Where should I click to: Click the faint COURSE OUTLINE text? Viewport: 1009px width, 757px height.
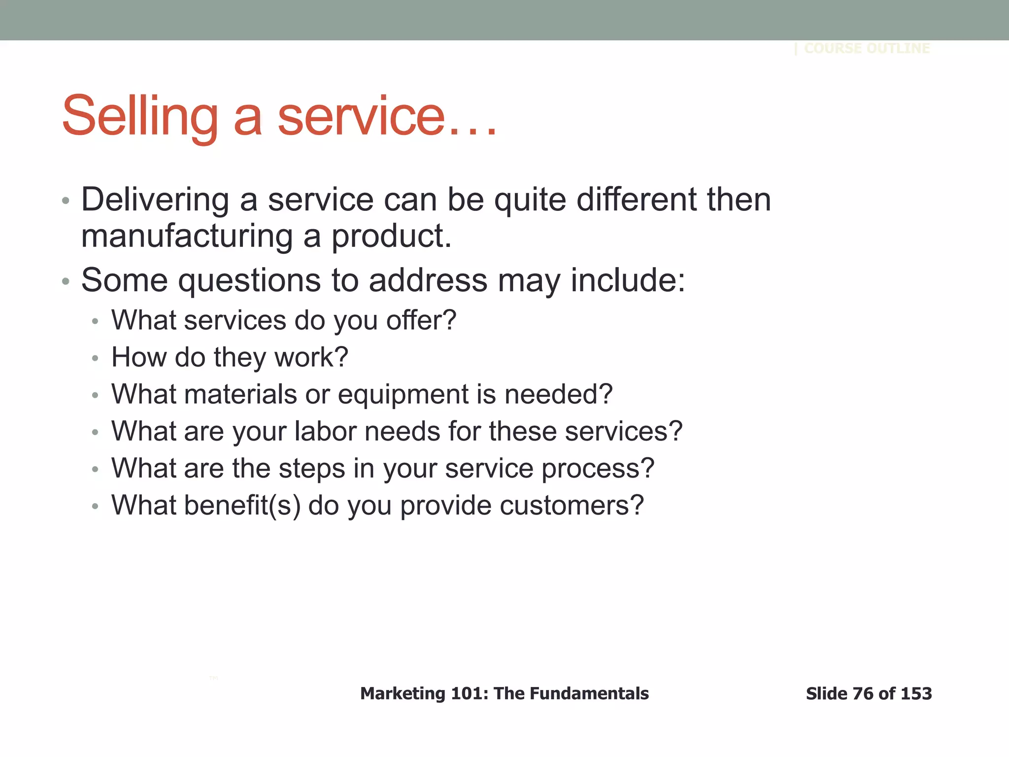tap(867, 48)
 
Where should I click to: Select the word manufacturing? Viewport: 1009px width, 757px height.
tap(187, 236)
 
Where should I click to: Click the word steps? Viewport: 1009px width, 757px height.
tap(312, 469)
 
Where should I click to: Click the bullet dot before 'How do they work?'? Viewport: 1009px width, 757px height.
tap(96, 358)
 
